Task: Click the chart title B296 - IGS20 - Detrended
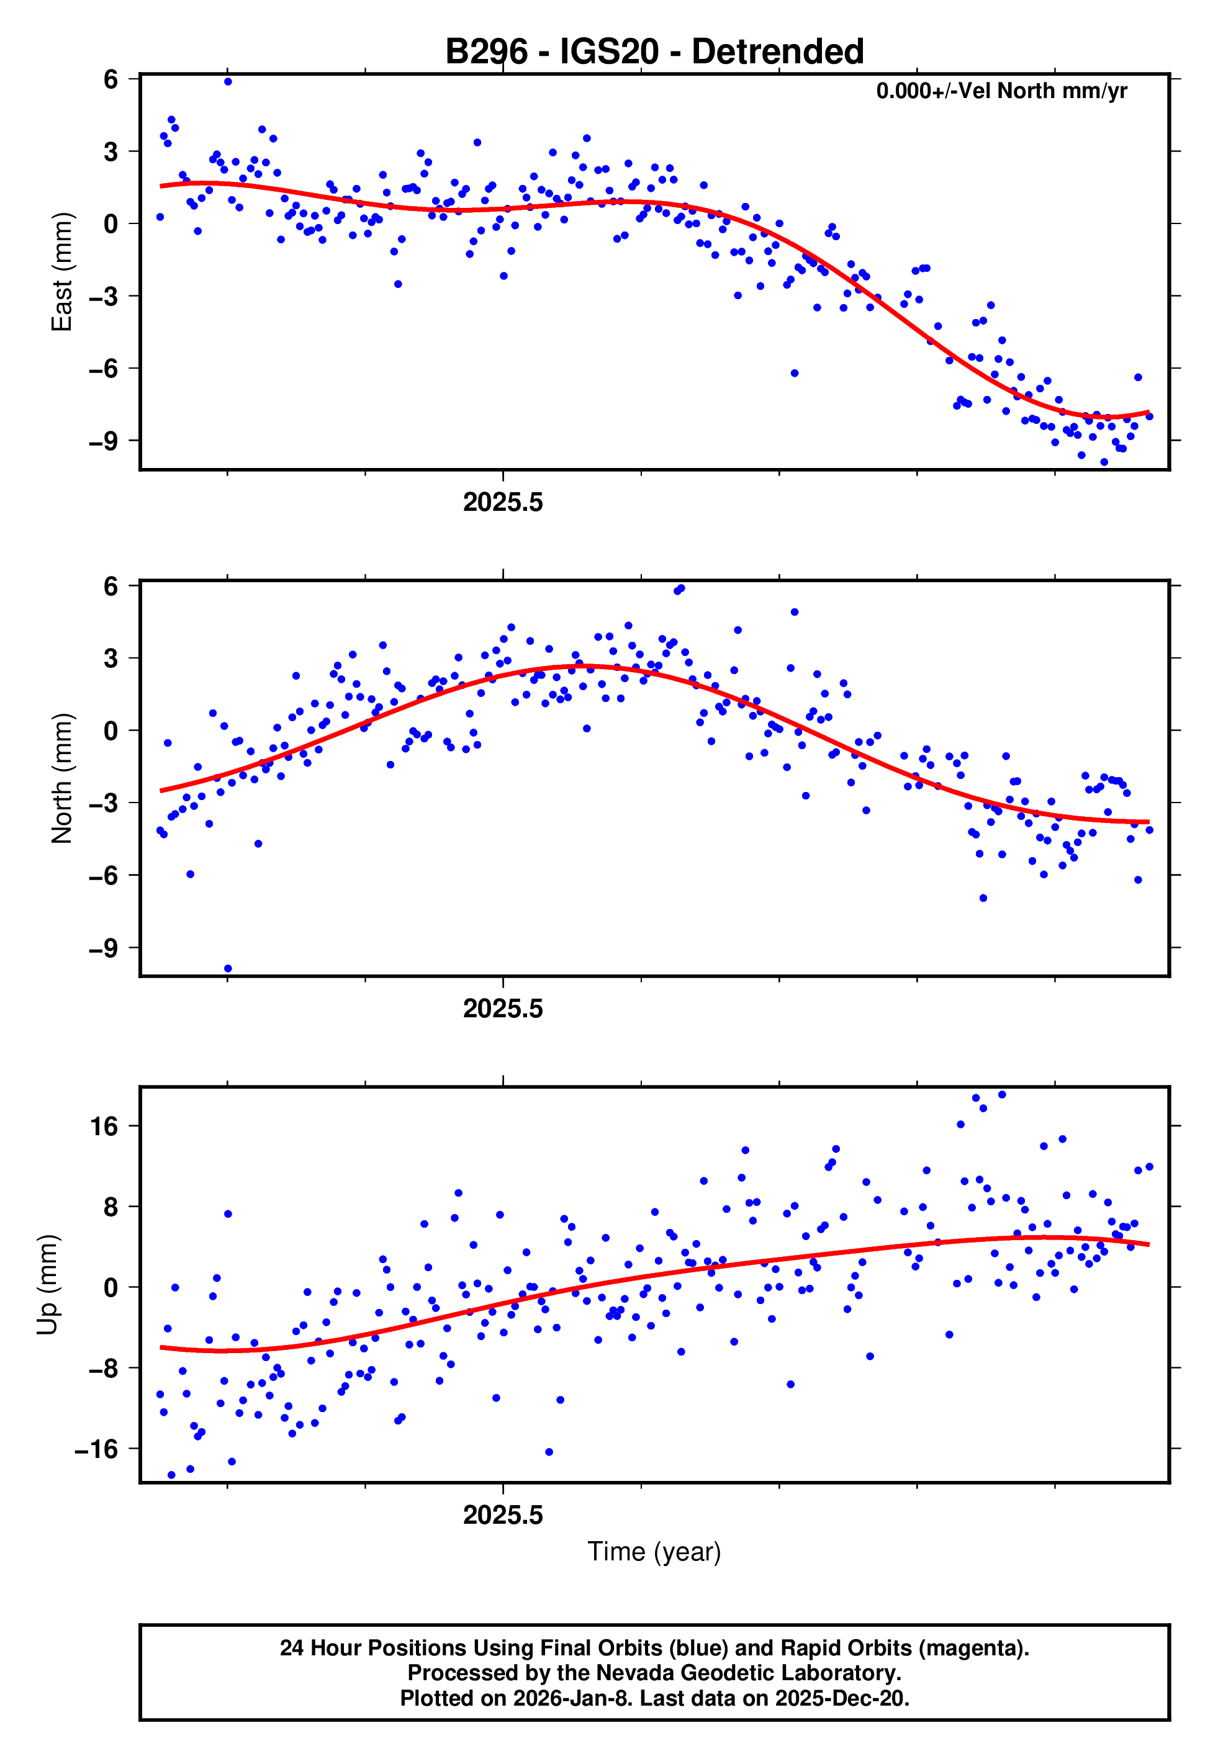point(654,52)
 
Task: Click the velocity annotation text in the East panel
point(1001,91)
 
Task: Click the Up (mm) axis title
point(47,1285)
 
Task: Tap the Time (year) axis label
point(654,1552)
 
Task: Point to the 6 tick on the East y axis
point(111,79)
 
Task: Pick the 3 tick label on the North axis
point(111,657)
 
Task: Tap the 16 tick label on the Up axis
point(104,1126)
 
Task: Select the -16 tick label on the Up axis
point(97,1449)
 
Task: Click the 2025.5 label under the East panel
point(503,502)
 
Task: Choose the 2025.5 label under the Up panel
point(503,1515)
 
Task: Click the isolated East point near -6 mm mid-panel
point(795,373)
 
